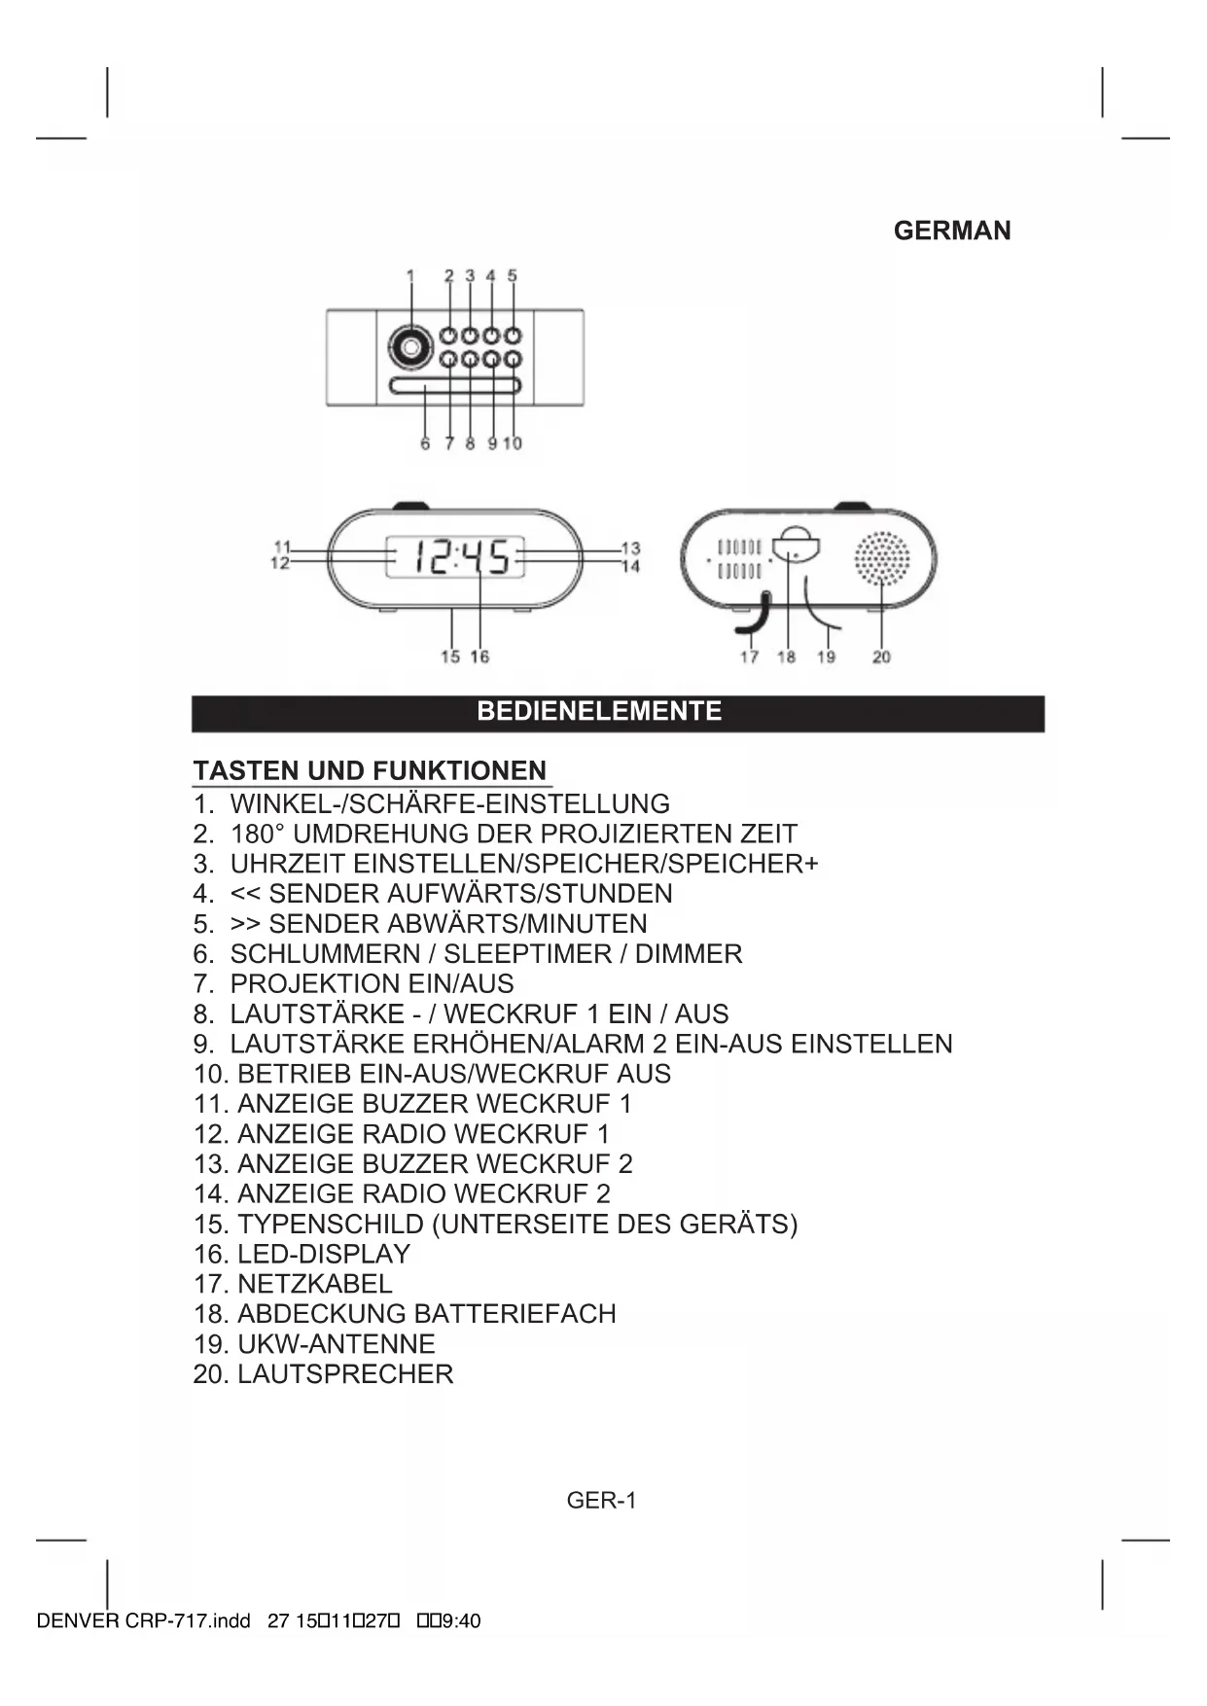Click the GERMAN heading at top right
(951, 231)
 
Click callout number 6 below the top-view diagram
(425, 444)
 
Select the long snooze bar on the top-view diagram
(455, 386)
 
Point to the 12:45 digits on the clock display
(461, 557)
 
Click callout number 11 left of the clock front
(282, 548)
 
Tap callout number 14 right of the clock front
(631, 566)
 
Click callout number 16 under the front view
(479, 657)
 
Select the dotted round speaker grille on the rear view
(881, 558)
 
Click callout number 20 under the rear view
(881, 658)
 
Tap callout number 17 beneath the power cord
(749, 658)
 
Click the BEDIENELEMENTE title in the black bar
(599, 711)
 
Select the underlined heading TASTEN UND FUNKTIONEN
(370, 770)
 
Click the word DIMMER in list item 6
(689, 953)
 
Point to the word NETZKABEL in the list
(315, 1284)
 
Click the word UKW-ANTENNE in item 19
(337, 1343)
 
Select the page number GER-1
(601, 1500)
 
